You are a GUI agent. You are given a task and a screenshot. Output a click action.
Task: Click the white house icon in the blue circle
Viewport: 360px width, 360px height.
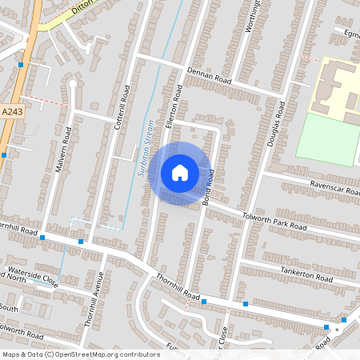(179, 172)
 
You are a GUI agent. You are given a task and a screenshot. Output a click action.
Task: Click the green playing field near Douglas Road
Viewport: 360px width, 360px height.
(328, 139)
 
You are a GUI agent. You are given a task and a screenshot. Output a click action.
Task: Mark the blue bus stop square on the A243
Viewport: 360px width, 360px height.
(22, 64)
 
